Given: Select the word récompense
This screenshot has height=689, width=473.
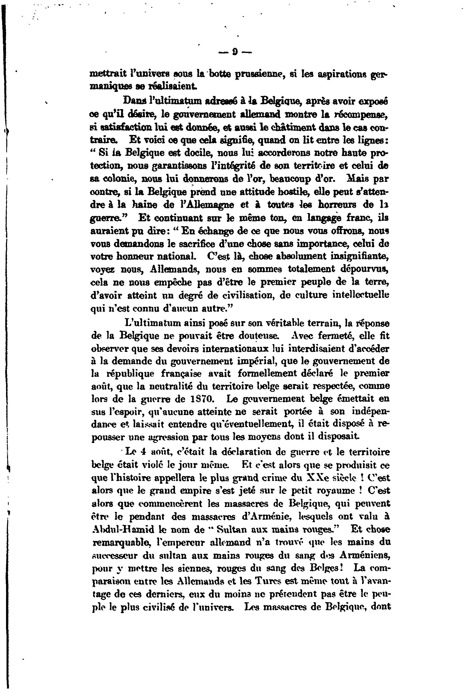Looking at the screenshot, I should (x=360, y=114).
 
